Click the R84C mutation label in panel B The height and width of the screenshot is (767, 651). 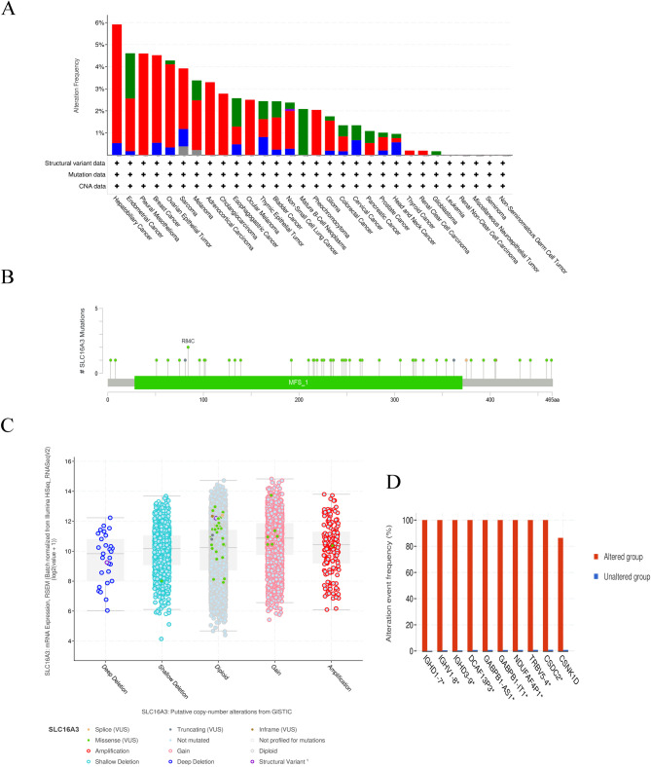click(188, 342)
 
